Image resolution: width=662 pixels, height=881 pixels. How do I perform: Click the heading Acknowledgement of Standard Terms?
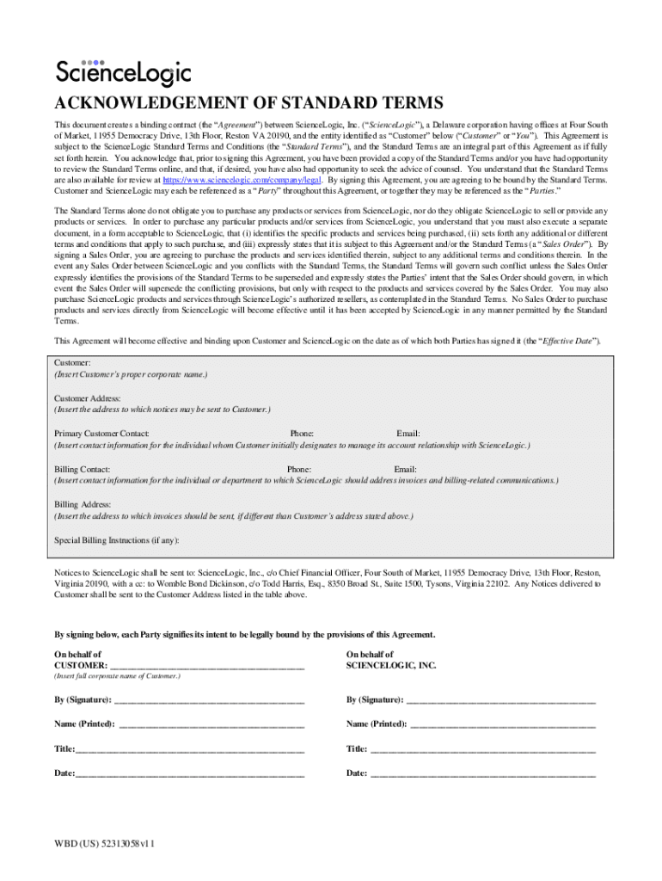point(249,104)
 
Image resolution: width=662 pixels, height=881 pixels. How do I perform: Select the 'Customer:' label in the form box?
point(72,364)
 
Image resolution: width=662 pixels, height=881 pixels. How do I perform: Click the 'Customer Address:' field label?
point(88,398)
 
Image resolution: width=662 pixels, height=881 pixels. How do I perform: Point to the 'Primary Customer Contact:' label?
point(102,434)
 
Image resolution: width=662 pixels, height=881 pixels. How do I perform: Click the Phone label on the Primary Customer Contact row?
point(302,434)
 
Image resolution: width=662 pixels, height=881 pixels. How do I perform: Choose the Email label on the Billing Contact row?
point(405,469)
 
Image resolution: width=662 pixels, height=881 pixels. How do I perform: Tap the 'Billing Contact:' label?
point(82,469)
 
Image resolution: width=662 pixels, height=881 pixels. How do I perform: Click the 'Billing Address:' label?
point(82,504)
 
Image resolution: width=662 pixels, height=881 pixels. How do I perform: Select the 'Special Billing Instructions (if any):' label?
point(117,540)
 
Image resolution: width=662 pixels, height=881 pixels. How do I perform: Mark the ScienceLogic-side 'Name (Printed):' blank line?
point(503,724)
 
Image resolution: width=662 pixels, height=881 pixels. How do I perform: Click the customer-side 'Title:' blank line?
point(190,749)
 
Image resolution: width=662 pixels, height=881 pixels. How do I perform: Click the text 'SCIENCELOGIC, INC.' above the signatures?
point(391,665)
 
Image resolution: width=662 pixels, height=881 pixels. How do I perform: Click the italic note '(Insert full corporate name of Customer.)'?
point(117,677)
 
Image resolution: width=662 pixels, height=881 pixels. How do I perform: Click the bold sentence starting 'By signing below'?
point(245,635)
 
